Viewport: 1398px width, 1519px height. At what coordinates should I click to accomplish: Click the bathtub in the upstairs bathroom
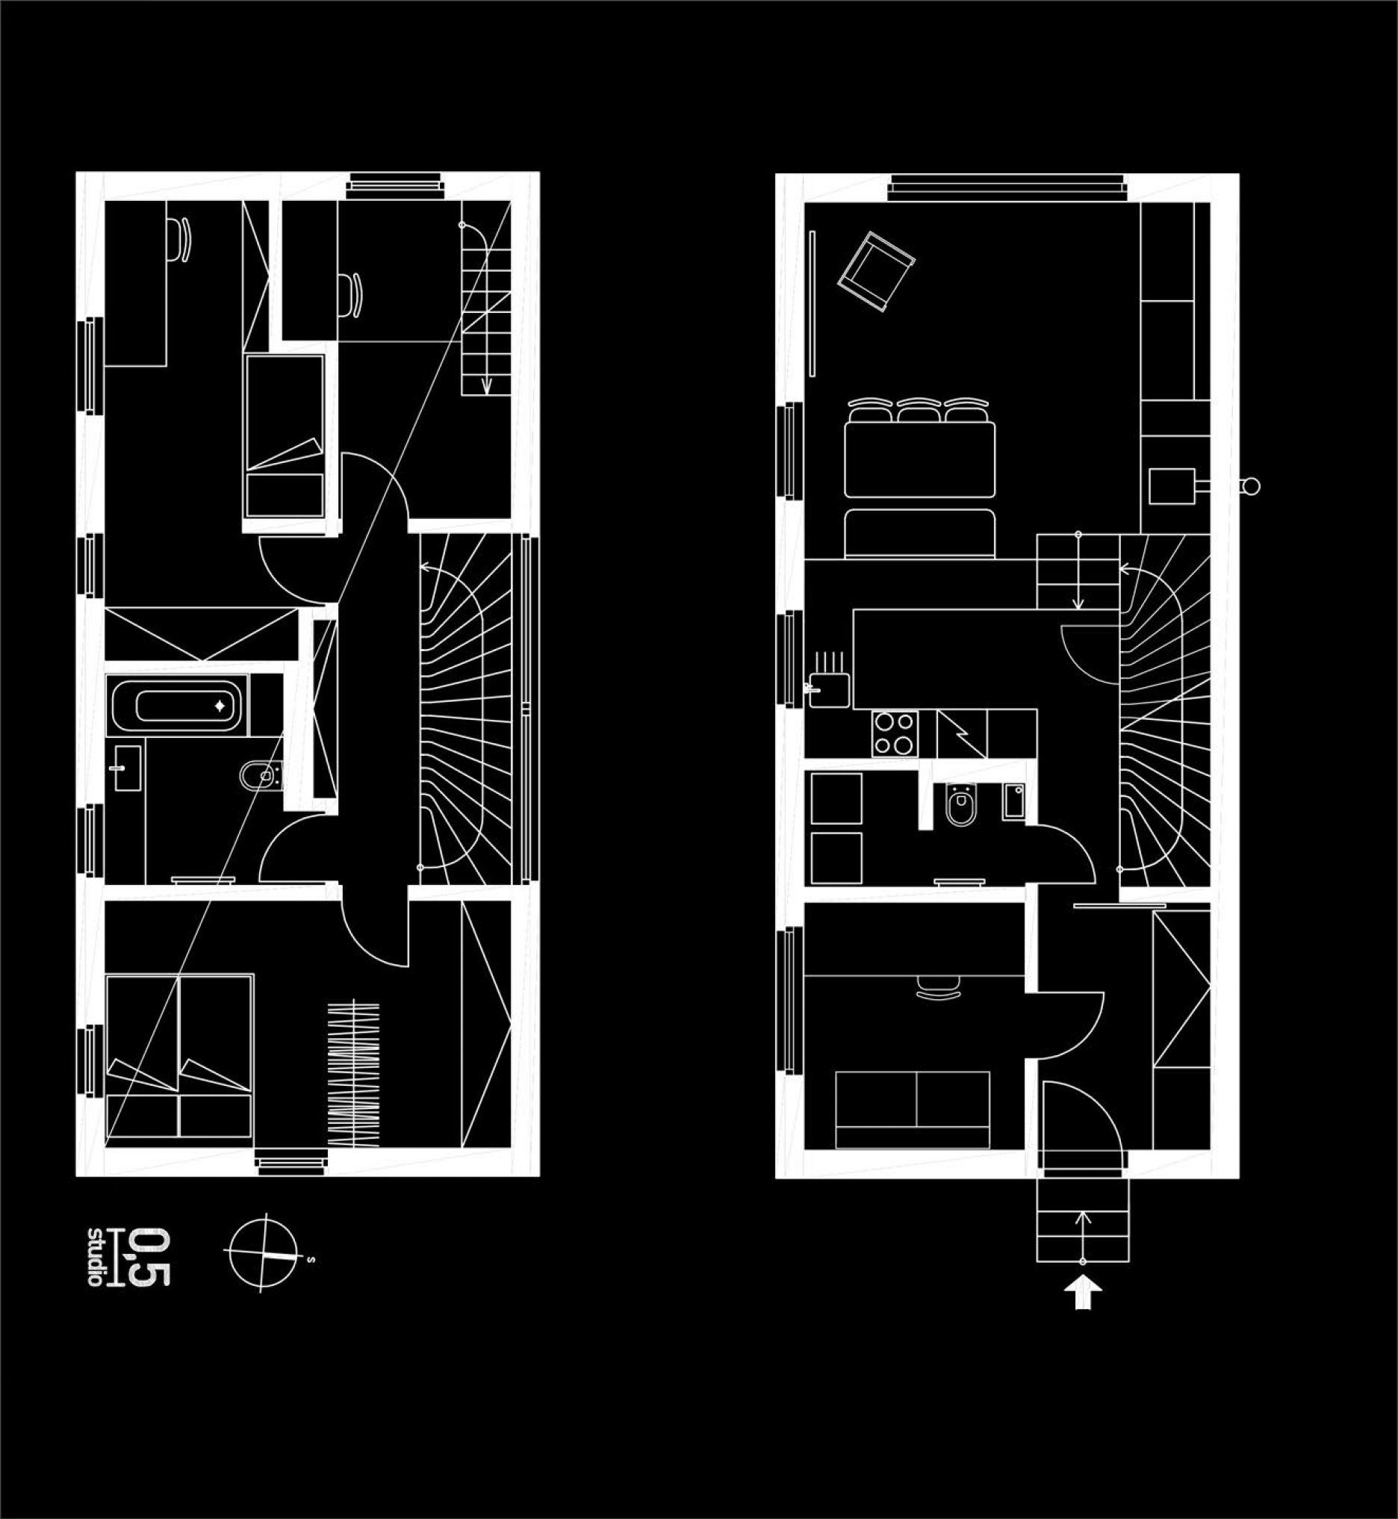click(177, 704)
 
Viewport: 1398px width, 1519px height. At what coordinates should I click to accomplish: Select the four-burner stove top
click(895, 734)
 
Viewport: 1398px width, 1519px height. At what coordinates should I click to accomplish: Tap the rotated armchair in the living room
click(876, 272)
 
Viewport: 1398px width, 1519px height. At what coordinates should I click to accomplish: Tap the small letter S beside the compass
click(311, 1261)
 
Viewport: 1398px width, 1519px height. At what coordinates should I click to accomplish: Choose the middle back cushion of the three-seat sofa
click(919, 411)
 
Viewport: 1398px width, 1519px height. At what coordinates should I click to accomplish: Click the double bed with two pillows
click(179, 1057)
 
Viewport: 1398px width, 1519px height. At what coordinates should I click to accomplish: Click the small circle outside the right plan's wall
click(1251, 486)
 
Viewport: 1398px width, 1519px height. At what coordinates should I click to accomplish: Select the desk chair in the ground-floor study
click(939, 986)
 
